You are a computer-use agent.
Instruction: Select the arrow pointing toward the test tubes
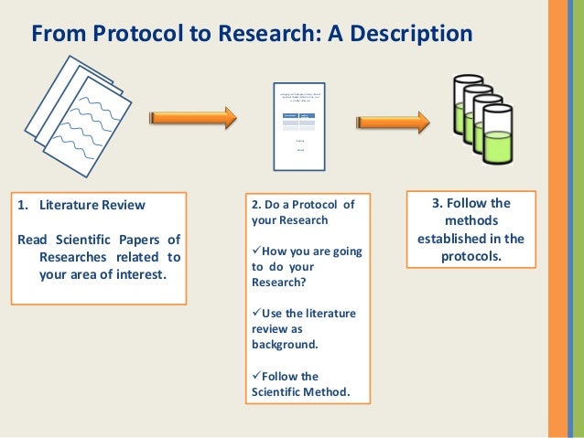click(x=393, y=122)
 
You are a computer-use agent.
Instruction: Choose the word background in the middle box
click(x=284, y=345)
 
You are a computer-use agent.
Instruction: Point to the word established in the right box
click(x=456, y=239)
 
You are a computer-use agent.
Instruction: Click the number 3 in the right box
click(x=435, y=203)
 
